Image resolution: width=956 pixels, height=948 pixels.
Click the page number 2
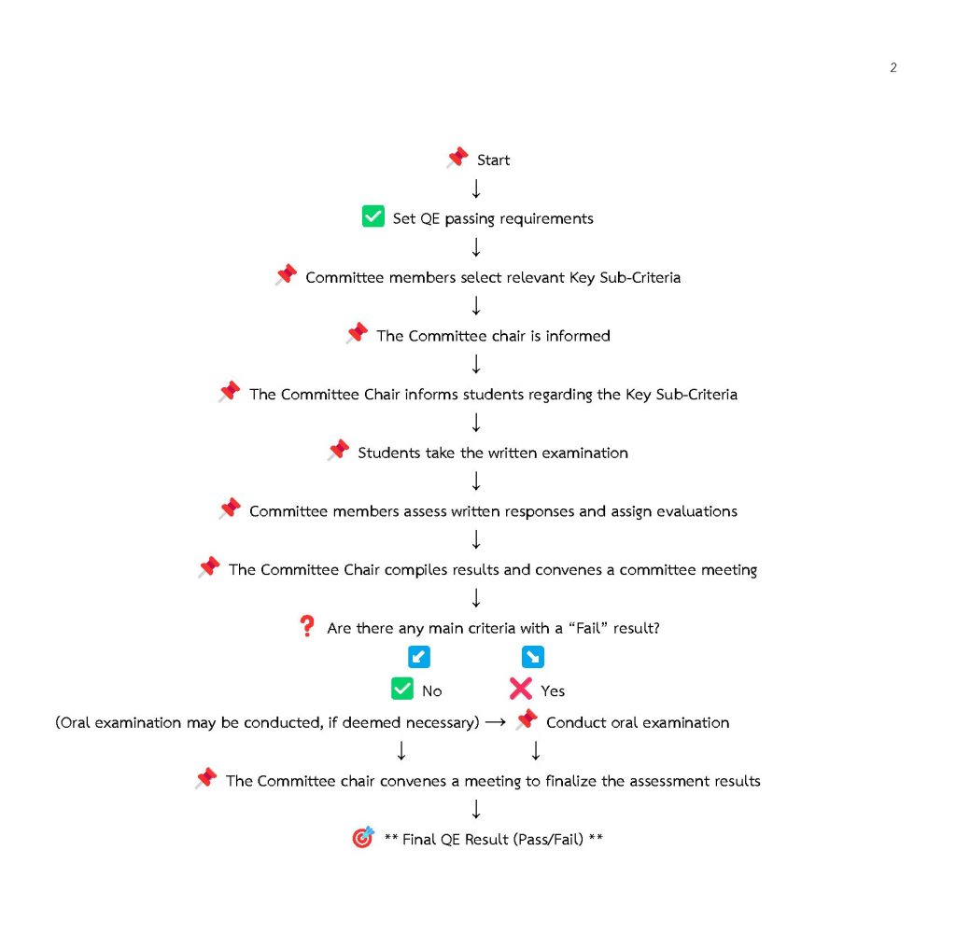(893, 67)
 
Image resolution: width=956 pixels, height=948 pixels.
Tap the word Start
(493, 160)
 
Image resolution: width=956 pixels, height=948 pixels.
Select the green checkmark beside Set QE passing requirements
(373, 216)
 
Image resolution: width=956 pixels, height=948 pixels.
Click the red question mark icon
(307, 626)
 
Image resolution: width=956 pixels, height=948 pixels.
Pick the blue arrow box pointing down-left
(419, 657)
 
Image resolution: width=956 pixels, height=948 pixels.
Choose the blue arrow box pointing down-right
(533, 657)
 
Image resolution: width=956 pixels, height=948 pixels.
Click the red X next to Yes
(521, 689)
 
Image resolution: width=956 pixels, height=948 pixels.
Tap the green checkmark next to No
(402, 689)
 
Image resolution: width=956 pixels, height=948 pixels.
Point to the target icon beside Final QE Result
(363, 837)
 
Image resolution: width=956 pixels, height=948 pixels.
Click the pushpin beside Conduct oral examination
(527, 719)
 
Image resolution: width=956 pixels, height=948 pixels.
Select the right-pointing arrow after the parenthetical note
(496, 722)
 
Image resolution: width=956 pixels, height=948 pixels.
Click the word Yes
(553, 691)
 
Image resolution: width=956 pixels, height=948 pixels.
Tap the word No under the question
(431, 691)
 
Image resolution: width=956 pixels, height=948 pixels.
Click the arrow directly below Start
(476, 188)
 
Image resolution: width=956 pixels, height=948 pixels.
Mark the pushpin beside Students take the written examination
(338, 451)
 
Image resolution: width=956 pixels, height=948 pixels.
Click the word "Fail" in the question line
(588, 628)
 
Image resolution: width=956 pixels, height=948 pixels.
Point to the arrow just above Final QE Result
(476, 809)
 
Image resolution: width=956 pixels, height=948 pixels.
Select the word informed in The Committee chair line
(578, 336)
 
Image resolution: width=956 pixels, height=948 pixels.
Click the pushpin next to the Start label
(457, 158)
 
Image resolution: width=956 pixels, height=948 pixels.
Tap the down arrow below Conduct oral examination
(536, 750)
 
